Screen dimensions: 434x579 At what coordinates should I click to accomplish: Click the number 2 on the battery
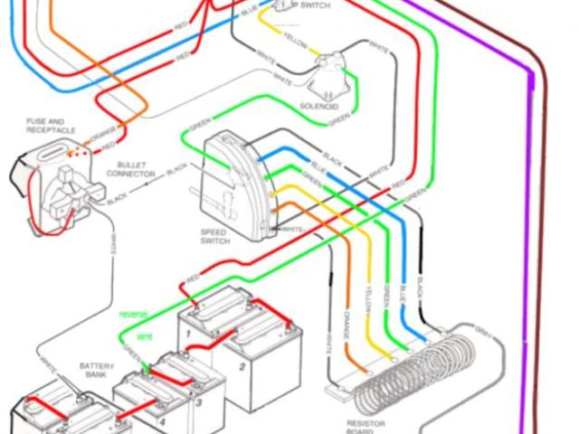(x=242, y=367)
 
